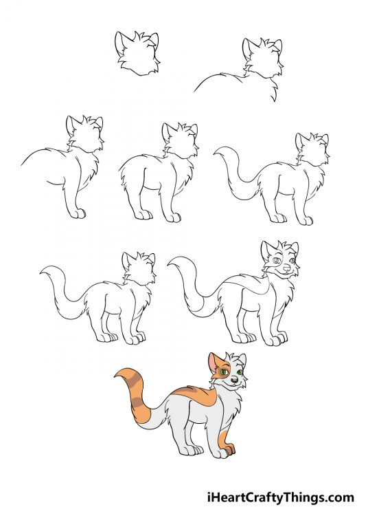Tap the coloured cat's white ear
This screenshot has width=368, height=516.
241,359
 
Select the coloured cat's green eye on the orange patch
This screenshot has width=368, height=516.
224,373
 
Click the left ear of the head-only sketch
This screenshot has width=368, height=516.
122,40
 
